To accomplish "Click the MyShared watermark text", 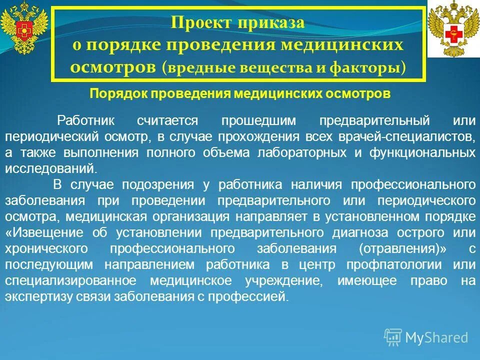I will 436,337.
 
